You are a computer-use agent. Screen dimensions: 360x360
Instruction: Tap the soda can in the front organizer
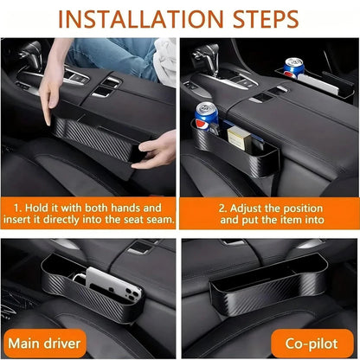(x=208, y=119)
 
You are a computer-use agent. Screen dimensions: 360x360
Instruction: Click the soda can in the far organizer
(x=293, y=69)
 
